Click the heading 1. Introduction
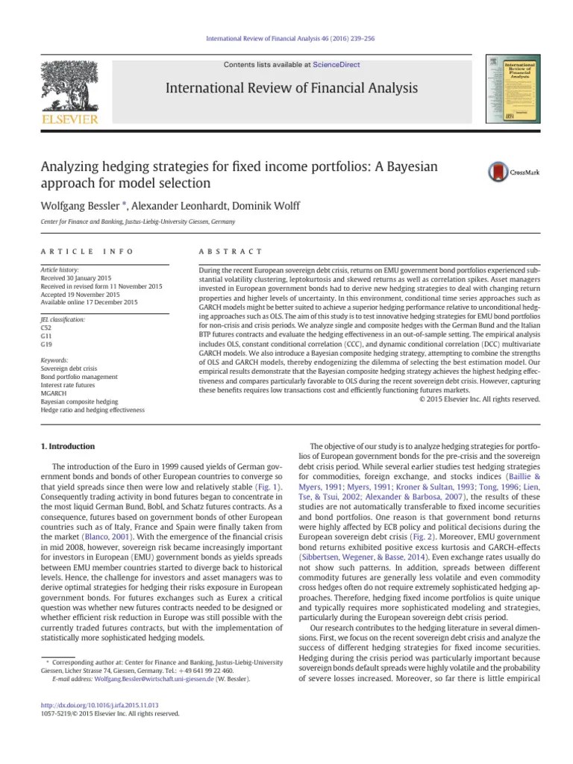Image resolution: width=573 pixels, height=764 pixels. pos(66,446)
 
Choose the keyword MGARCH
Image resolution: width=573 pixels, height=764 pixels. pos(53,393)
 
